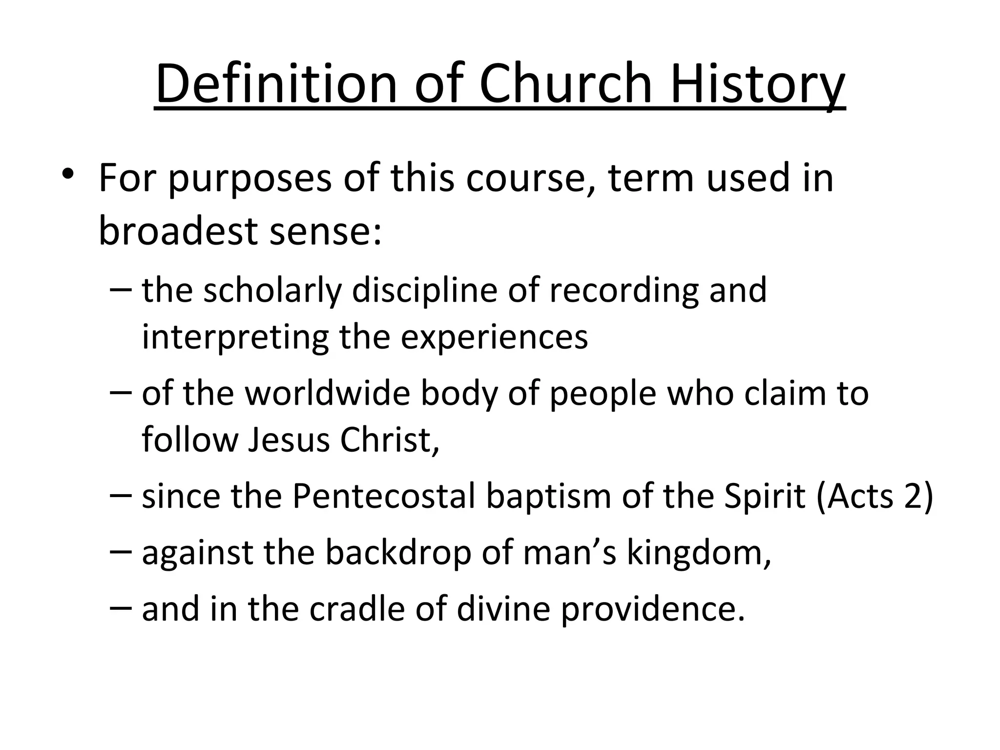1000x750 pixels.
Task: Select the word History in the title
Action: (757, 84)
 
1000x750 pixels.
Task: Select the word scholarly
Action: (272, 291)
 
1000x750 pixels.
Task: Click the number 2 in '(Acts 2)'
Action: (912, 497)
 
